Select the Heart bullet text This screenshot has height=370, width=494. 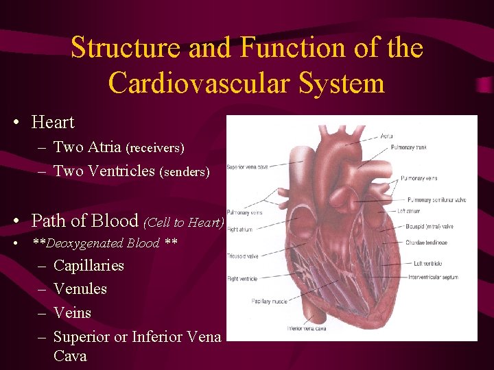pos(53,122)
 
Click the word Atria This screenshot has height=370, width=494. pos(102,147)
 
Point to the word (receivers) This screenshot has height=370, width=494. pos(156,148)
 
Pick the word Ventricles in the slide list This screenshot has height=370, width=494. pos(124,171)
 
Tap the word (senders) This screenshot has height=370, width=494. pos(184,172)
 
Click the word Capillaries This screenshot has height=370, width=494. pos(89,265)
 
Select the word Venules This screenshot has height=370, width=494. pos(80,288)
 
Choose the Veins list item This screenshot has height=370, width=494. pos(72,312)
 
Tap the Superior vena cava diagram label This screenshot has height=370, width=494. pos(247,166)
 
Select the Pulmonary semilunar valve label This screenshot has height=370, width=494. pos(436,199)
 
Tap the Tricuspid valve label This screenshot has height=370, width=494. pos(242,256)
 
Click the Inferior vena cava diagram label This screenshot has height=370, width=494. pos(306,328)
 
